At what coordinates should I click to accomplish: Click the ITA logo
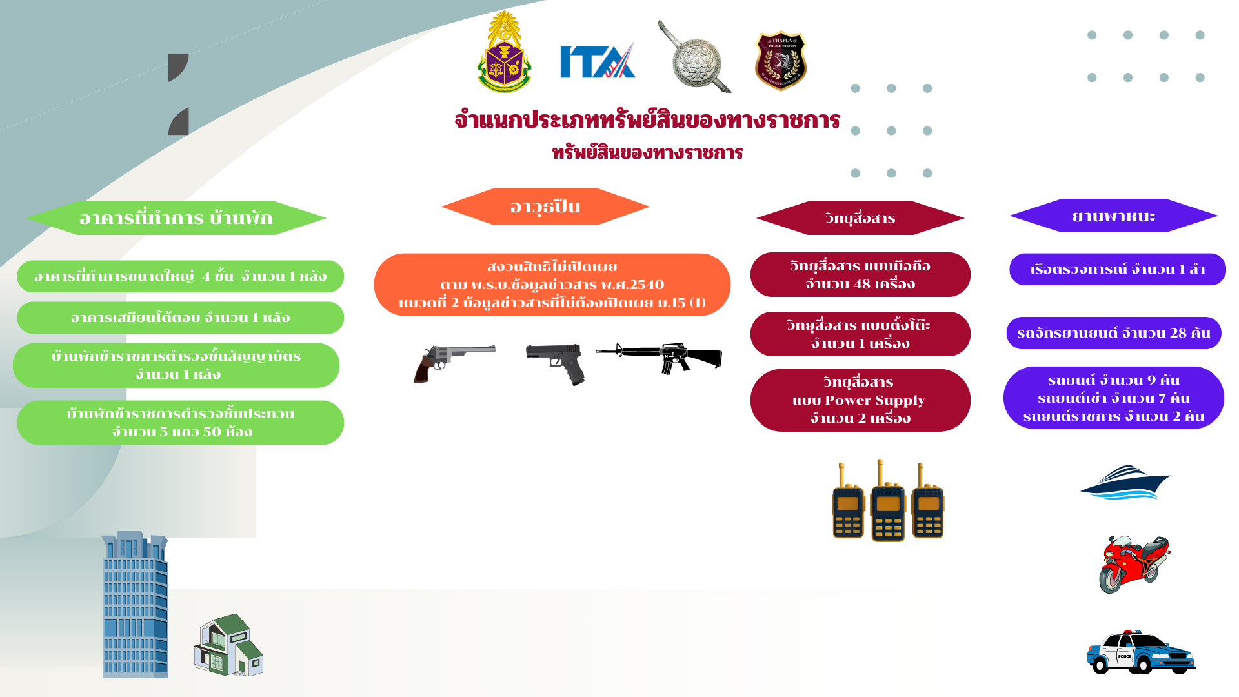(x=597, y=61)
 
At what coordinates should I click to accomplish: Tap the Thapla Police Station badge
(x=781, y=61)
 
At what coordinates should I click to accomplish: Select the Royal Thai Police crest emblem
(x=504, y=53)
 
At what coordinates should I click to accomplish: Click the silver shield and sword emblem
(x=694, y=58)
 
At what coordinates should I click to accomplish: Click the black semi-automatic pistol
(x=556, y=363)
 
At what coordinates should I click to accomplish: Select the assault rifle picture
(x=660, y=357)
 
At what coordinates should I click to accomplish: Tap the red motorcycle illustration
(x=1134, y=563)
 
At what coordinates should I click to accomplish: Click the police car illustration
(x=1140, y=652)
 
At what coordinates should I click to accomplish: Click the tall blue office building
(x=135, y=605)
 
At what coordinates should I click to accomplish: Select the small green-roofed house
(x=228, y=645)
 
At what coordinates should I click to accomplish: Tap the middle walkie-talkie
(x=888, y=503)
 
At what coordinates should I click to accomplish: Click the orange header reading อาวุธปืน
(x=545, y=207)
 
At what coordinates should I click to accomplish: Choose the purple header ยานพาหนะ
(x=1113, y=216)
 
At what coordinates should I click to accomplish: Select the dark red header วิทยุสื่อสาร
(x=860, y=218)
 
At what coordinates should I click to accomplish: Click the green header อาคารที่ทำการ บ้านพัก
(x=176, y=218)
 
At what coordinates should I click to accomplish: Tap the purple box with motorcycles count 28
(x=1113, y=333)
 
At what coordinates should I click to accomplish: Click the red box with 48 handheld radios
(x=860, y=275)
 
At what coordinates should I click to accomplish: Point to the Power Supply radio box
(x=860, y=400)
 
